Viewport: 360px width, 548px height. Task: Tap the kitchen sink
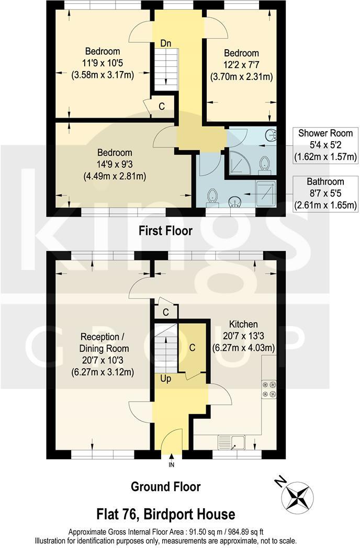pos(235,443)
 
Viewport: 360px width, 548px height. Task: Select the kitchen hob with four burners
pos(269,390)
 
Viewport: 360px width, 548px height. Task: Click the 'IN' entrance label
pos(171,464)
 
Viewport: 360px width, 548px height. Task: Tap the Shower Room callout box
pos(325,145)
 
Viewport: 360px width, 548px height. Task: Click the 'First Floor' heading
pos(165,231)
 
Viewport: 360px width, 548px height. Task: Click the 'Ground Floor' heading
pos(165,487)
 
